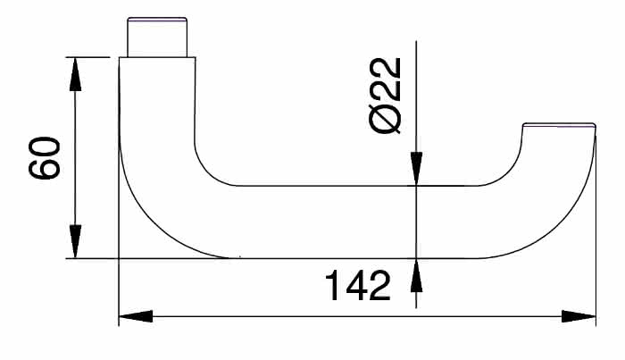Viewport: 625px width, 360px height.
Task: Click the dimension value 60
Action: tap(45, 158)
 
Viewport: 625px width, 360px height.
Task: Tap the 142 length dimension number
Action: tap(357, 287)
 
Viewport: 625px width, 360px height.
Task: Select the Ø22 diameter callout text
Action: tap(387, 96)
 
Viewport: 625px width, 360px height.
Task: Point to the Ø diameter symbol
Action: tap(387, 120)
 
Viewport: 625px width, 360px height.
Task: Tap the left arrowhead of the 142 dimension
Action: tap(134, 315)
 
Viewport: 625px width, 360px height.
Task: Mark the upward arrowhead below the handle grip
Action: tap(416, 272)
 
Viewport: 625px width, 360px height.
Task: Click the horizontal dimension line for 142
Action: tap(357, 315)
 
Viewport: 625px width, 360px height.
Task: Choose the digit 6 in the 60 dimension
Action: tap(45, 170)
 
